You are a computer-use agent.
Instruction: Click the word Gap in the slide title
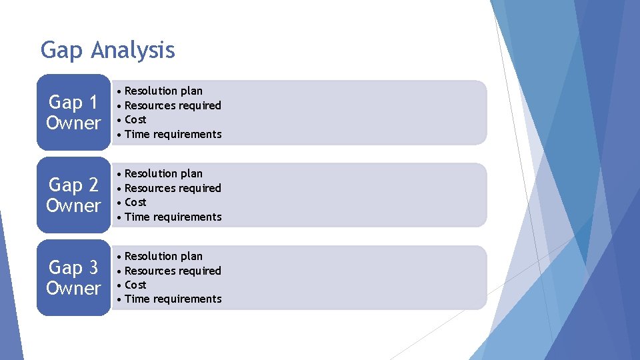(x=63, y=51)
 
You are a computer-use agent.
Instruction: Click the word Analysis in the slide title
(x=133, y=51)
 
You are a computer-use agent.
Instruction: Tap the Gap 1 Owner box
(x=73, y=112)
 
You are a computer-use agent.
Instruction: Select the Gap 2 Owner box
(x=73, y=195)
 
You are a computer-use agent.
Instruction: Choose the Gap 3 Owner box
(x=73, y=277)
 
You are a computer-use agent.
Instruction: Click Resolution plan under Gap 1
(x=163, y=91)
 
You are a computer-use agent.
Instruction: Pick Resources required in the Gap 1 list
(x=173, y=105)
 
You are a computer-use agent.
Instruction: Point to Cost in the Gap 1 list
(x=135, y=119)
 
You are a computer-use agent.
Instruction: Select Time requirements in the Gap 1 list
(x=173, y=134)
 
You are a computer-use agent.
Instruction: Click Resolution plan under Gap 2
(x=163, y=173)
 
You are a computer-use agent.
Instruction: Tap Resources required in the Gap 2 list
(x=173, y=188)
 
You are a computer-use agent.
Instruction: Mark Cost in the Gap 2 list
(x=135, y=202)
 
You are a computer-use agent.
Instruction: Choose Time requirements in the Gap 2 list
(x=173, y=217)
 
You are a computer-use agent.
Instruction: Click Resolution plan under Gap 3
(x=163, y=256)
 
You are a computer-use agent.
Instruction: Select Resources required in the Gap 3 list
(x=173, y=271)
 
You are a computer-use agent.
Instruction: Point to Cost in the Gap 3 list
(x=135, y=285)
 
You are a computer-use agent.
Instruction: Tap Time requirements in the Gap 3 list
(x=173, y=299)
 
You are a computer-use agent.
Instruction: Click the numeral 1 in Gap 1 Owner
(x=92, y=103)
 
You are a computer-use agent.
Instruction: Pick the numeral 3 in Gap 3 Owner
(x=92, y=268)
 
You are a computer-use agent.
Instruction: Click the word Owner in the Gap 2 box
(x=73, y=205)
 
